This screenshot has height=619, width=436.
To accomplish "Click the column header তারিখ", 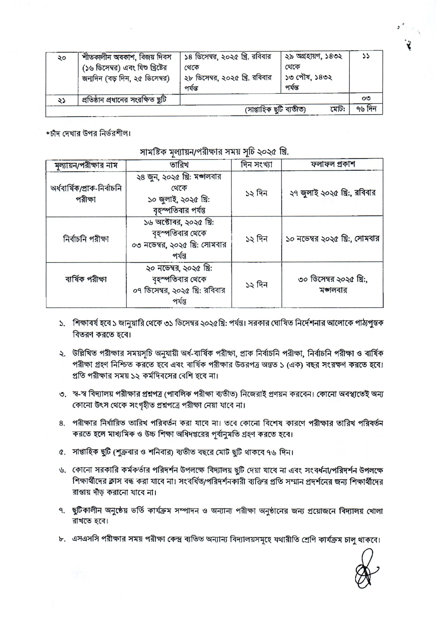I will pos(179,164).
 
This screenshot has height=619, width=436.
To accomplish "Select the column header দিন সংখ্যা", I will pos(256,164).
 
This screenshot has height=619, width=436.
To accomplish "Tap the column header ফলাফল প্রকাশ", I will pos(332,164).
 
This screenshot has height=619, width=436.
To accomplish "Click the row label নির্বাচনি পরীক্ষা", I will pos(86,239).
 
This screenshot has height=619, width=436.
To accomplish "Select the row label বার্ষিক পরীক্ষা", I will pos(86,279).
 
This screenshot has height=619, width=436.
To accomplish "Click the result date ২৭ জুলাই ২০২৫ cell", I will pos(332,193).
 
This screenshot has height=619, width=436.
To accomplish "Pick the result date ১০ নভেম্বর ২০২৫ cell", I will pos(332,239).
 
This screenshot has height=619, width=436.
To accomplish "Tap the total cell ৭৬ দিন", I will pos(366,110).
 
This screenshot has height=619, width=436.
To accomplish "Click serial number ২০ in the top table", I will pos(62,58).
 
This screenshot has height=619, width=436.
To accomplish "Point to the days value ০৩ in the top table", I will pos(366,98).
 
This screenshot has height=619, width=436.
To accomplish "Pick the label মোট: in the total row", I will pos(337,110).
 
